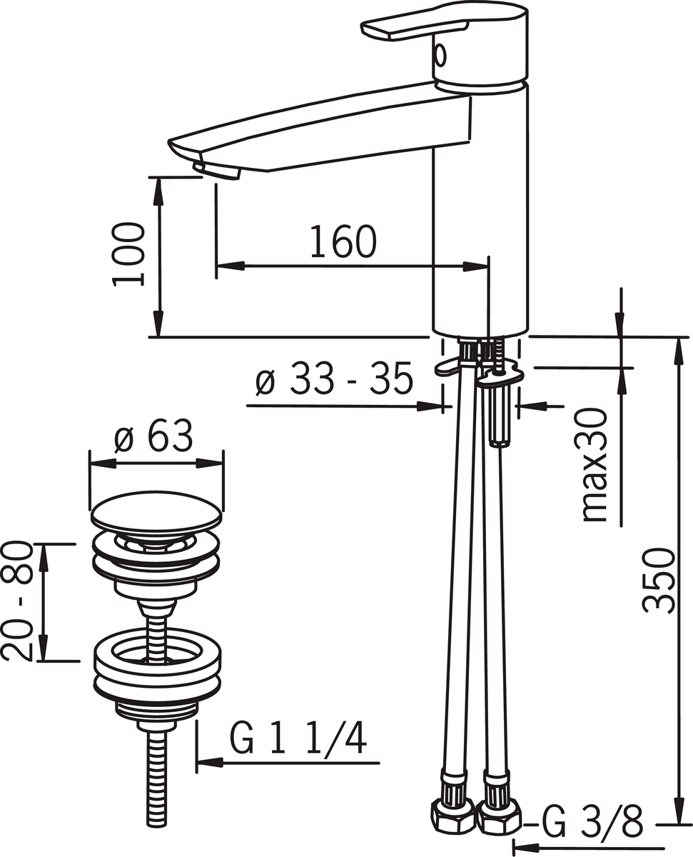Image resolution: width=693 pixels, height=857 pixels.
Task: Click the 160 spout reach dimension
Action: (x=343, y=241)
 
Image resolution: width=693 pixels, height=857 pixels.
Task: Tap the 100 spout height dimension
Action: (x=128, y=255)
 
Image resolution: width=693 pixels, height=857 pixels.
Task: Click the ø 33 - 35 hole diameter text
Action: (x=334, y=379)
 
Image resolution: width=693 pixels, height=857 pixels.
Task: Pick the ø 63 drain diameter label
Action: (x=153, y=436)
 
